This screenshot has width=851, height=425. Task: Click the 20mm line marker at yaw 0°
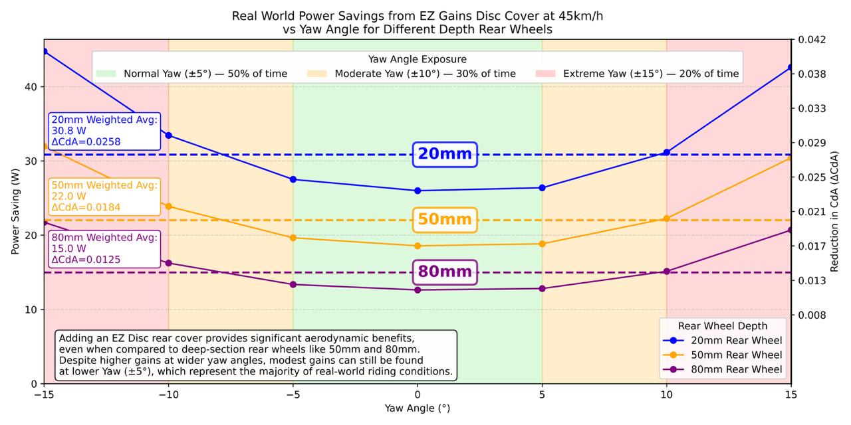[418, 191]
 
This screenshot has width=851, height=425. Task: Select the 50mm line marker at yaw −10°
[169, 207]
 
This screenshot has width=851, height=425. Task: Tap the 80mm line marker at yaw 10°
[667, 271]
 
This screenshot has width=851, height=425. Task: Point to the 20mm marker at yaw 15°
[791, 67]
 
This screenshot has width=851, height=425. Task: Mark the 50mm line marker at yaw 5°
[542, 244]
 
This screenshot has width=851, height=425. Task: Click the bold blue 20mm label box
[445, 154]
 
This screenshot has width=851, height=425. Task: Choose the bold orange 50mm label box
[445, 220]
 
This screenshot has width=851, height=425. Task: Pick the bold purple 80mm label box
[445, 272]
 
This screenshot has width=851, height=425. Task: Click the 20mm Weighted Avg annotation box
[105, 131]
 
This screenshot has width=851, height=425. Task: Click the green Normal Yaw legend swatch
[106, 74]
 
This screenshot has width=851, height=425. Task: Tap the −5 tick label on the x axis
[293, 394]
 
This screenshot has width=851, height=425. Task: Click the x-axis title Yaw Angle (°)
[417, 408]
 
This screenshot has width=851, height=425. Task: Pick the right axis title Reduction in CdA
[835, 211]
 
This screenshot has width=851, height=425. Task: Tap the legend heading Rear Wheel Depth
[723, 325]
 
